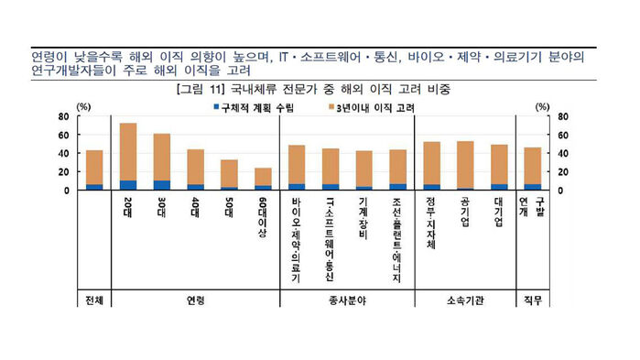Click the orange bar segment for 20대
pyautogui.click(x=128, y=151)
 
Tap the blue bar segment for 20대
pyautogui.click(x=128, y=185)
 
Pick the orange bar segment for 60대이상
pyautogui.click(x=263, y=176)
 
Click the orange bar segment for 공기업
pyautogui.click(x=465, y=163)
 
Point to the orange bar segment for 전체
pyautogui.click(x=94, y=167)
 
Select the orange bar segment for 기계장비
pyautogui.click(x=364, y=169)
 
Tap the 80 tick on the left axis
pyautogui.click(x=64, y=116)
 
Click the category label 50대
pyautogui.click(x=229, y=213)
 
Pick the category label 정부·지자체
pyautogui.click(x=432, y=224)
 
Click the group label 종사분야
pyautogui.click(x=347, y=300)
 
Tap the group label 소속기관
pyautogui.click(x=466, y=300)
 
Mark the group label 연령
pyautogui.click(x=195, y=300)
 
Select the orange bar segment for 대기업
pyautogui.click(x=499, y=164)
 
